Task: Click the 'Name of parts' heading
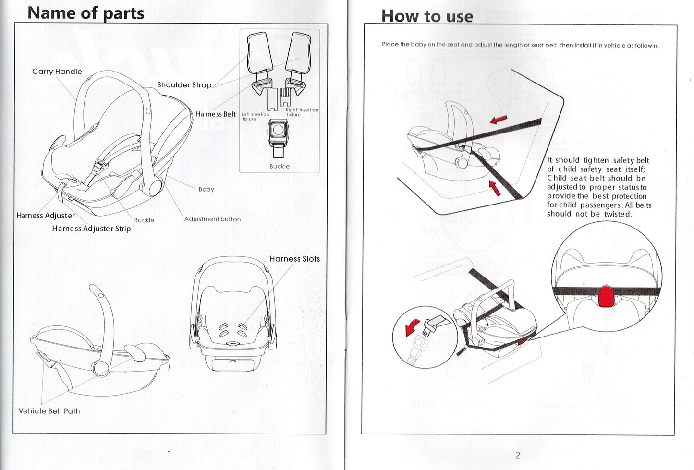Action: [x=85, y=12]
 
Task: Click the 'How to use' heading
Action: [x=426, y=16]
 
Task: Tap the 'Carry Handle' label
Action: [x=57, y=72]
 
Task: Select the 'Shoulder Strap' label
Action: [x=184, y=85]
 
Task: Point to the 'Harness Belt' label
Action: [x=216, y=114]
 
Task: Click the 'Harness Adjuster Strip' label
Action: [x=91, y=229]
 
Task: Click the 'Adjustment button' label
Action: [x=212, y=219]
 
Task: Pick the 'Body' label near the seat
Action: [x=206, y=189]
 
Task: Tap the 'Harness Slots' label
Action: [x=294, y=259]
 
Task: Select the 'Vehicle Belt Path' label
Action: [x=49, y=411]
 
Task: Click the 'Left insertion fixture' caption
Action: [x=255, y=117]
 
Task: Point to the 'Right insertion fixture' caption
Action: [x=302, y=112]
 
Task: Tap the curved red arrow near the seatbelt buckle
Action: [x=412, y=328]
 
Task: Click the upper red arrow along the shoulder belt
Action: [x=499, y=119]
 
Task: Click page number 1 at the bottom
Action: [x=169, y=454]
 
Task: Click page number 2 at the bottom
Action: [x=517, y=455]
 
